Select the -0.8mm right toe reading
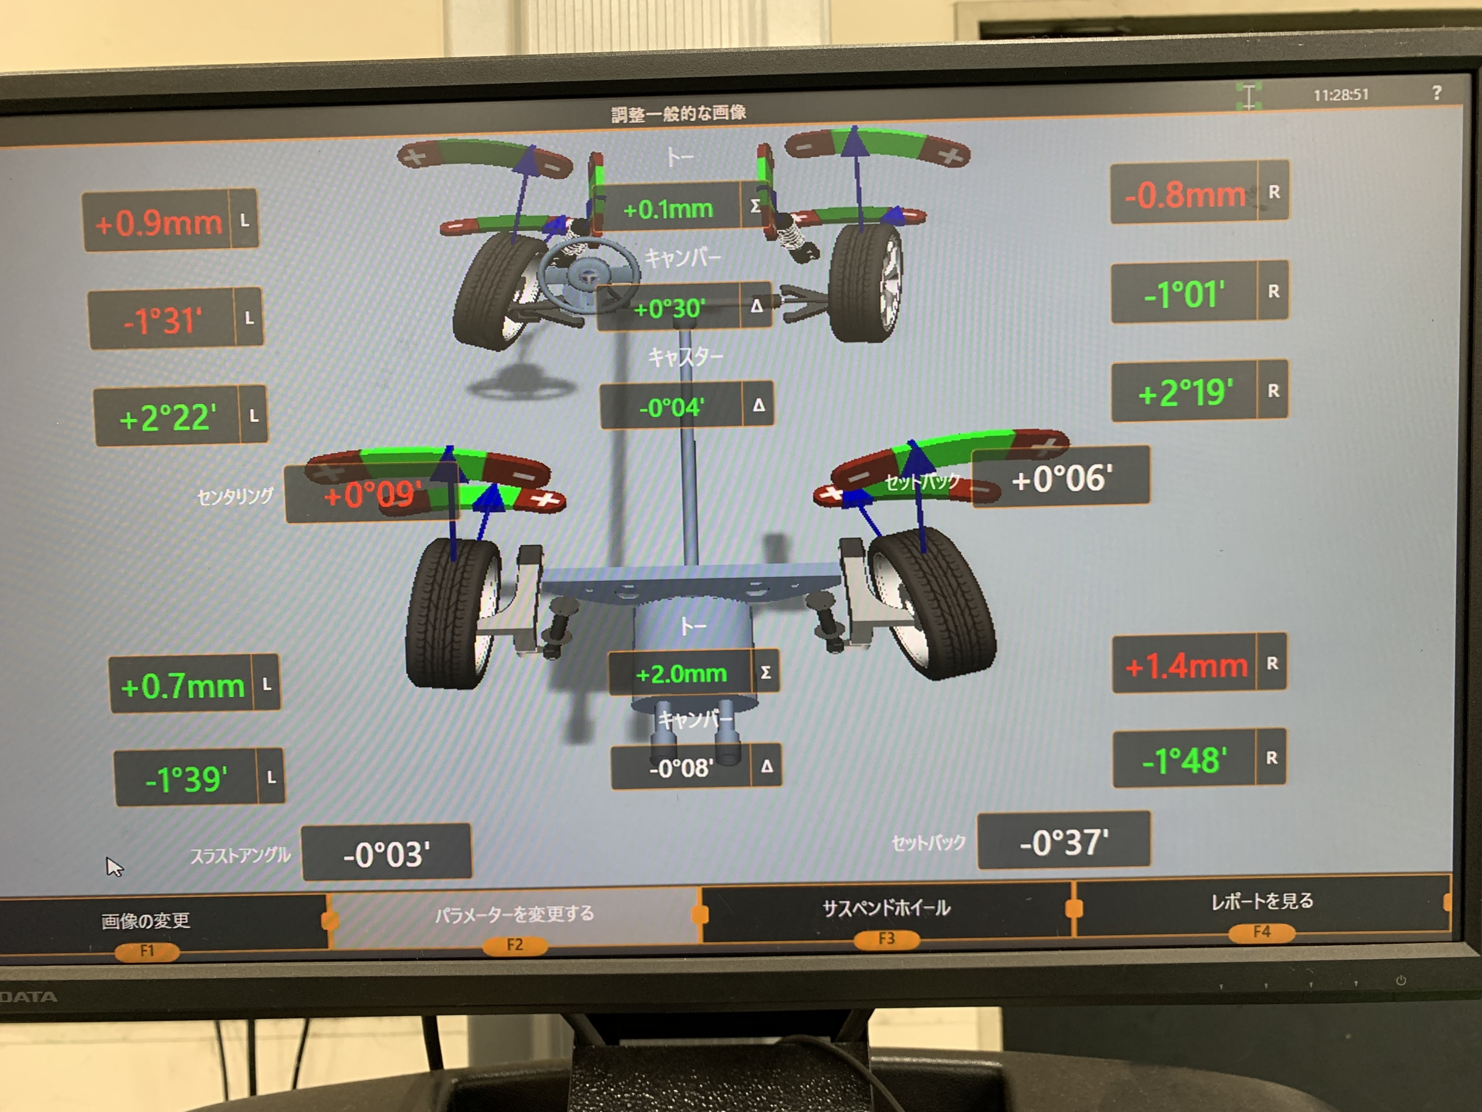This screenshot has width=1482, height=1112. (x=1185, y=195)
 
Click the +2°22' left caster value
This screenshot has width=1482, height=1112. (x=168, y=418)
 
